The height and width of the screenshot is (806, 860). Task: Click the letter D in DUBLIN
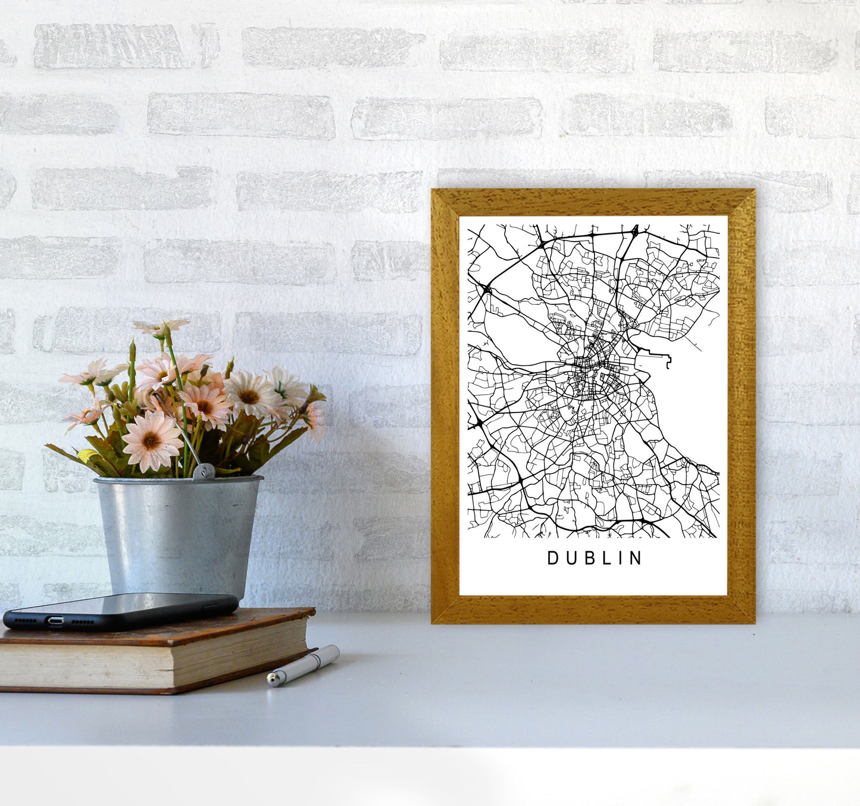pyautogui.click(x=552, y=558)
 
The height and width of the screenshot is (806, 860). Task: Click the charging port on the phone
pyautogui.click(x=55, y=621)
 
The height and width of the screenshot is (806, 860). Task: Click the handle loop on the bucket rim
pyautogui.click(x=204, y=471)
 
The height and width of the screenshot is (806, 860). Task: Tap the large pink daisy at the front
pyautogui.click(x=152, y=441)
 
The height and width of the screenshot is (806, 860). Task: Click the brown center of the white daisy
pyautogui.click(x=249, y=396)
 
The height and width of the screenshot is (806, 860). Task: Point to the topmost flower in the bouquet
pyautogui.click(x=161, y=326)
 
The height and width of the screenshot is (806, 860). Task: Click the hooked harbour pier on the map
pyautogui.click(x=668, y=361)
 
